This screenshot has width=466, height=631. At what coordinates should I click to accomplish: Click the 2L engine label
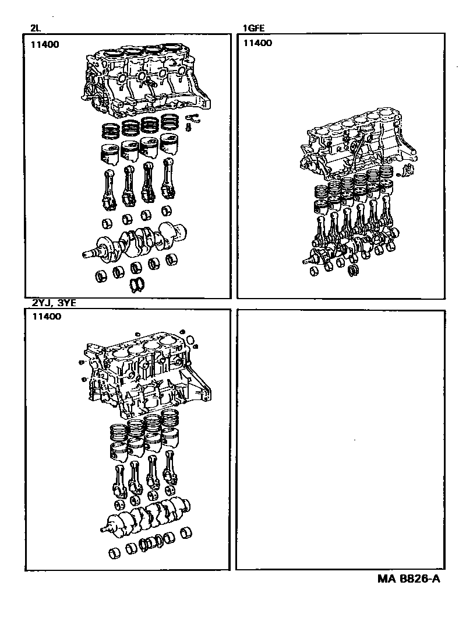tap(36, 28)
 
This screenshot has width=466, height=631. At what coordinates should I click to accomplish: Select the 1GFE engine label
tap(254, 28)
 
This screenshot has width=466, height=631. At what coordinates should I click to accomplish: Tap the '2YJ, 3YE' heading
tap(54, 303)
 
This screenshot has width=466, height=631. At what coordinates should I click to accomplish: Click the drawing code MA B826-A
tap(408, 579)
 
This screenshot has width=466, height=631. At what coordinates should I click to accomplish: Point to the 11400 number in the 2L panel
tap(45, 44)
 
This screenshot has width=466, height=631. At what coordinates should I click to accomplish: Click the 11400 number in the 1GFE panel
tap(257, 43)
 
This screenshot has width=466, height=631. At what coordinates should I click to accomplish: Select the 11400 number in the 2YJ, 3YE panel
tap(47, 316)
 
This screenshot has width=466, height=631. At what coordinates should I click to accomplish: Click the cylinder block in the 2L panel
tap(147, 80)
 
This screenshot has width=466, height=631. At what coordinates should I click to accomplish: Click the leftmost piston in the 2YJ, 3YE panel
tap(119, 451)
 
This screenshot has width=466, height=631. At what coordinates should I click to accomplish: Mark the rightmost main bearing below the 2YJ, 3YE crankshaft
tap(186, 532)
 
